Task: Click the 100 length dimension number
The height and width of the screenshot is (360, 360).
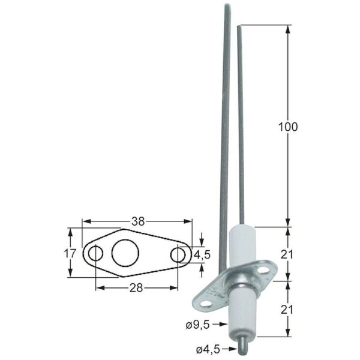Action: (x=288, y=127)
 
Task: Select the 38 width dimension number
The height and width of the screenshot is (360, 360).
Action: (x=138, y=221)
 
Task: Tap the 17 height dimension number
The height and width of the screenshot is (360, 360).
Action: (x=70, y=253)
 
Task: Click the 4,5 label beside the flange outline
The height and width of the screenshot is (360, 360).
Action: (x=202, y=254)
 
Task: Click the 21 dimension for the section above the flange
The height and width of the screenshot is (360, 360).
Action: (x=288, y=254)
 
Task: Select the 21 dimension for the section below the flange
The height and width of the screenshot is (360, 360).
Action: (x=288, y=310)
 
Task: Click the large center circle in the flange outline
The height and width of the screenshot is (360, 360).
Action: (x=125, y=253)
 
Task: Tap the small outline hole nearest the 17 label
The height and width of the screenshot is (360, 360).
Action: (x=95, y=254)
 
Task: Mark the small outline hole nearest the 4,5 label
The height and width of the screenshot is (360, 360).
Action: (x=178, y=254)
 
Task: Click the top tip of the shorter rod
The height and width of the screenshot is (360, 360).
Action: (x=240, y=27)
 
